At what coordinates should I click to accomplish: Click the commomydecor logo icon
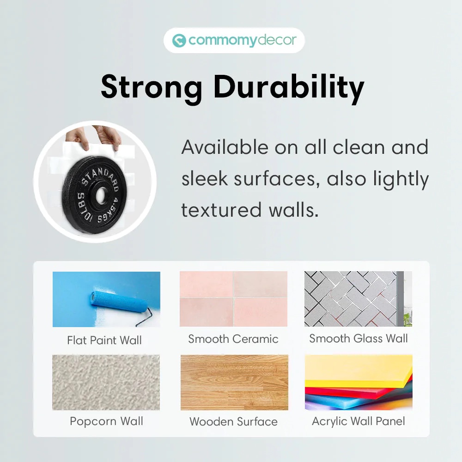pos(179,40)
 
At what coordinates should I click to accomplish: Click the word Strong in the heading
pos(152,87)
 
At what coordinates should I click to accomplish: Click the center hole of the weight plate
pos(100,195)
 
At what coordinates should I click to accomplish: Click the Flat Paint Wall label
pos(104,340)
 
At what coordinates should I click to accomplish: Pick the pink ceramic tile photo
pos(233,299)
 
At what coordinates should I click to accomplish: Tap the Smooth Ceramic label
pos(233,339)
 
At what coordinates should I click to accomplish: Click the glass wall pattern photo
pos(359,299)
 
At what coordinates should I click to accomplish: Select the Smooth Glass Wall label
pos(359,339)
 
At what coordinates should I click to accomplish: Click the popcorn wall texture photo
pos(106,383)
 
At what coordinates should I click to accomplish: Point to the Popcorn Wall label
pos(106,422)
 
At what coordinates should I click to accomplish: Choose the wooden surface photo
pos(234,383)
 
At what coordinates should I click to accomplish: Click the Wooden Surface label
pos(234,422)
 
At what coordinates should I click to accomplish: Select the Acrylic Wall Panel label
pos(359,422)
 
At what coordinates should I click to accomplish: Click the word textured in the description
pos(221,210)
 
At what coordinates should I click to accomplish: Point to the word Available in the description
pos(225,147)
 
